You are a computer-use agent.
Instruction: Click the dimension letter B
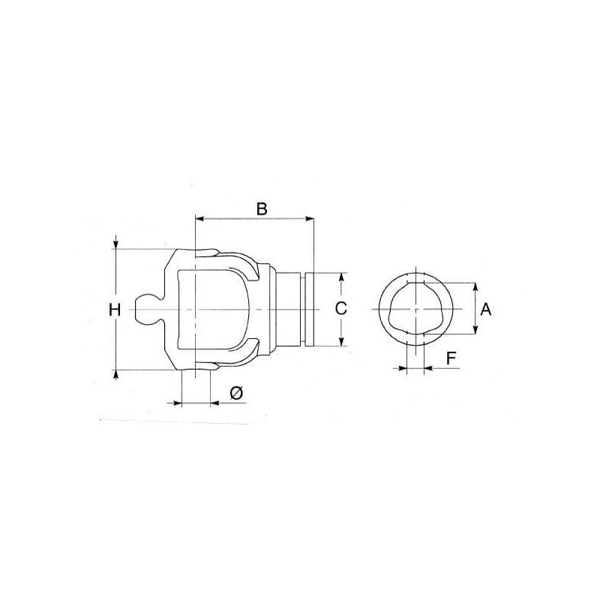point(261,209)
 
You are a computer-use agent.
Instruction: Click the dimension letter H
point(115,310)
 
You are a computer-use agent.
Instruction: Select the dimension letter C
point(340,308)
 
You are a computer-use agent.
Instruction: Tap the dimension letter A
point(485,309)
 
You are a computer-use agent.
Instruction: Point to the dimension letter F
point(451,358)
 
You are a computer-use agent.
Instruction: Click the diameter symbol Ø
point(236,394)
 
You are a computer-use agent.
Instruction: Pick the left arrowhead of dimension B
point(199,219)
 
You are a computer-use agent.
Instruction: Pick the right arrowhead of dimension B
point(309,219)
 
